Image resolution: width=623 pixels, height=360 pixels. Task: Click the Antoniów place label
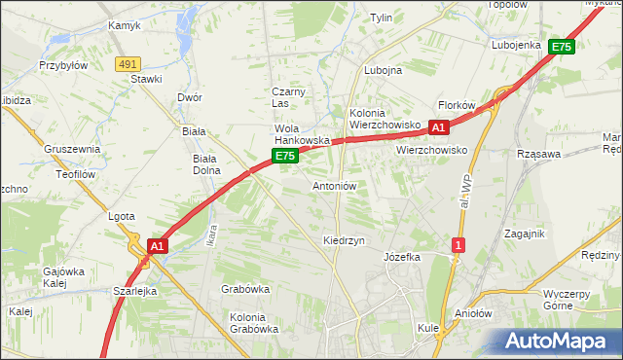coord(335,186)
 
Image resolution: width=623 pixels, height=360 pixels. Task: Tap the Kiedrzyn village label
coord(344,239)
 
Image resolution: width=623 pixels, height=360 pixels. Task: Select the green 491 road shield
coord(127,64)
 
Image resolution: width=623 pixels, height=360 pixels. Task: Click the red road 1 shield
coord(457,245)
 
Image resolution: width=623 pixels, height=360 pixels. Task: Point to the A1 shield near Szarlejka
coord(158,248)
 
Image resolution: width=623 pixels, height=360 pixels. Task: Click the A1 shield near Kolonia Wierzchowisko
coord(438,127)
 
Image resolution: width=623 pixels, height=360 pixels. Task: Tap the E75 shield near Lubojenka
coord(561,46)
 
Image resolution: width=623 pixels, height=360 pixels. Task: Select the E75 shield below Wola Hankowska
coord(284,156)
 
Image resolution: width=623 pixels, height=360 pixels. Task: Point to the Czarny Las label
coord(288,97)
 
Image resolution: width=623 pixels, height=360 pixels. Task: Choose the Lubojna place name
coord(383,71)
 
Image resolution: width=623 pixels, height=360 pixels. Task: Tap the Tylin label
coord(381,18)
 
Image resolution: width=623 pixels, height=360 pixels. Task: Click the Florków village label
coord(456,105)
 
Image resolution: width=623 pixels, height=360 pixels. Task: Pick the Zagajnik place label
coord(525,234)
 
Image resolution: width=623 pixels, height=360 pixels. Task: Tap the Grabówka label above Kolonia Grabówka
coord(245,289)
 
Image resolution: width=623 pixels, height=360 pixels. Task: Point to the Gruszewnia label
coord(72,149)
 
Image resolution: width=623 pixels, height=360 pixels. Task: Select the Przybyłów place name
coord(63,65)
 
